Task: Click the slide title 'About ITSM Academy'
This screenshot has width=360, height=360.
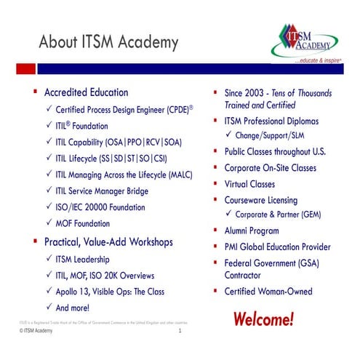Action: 108,41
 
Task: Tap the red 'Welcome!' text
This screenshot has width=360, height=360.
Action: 263,318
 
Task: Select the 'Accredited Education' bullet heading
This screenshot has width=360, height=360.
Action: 86,92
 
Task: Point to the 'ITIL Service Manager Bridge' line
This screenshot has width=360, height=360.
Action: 101,191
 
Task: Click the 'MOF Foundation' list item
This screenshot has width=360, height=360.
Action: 82,223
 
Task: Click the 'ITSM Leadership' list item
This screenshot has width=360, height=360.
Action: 84,258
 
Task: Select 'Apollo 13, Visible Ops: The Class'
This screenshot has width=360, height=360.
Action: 109,292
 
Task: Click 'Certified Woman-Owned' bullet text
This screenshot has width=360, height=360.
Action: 268,292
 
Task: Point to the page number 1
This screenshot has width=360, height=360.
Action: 180,332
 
